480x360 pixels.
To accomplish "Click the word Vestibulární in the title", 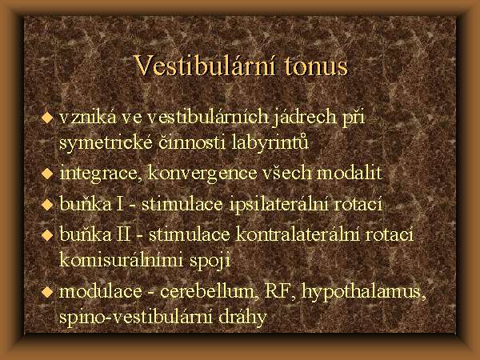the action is tap(206, 66).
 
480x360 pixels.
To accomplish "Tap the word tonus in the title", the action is tap(316, 67).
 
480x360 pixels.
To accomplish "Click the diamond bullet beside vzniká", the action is tap(47, 118).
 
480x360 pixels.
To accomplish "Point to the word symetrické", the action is tap(106, 143).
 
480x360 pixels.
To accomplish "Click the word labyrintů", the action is tap(270, 142).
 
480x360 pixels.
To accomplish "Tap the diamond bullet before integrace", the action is tap(47, 174).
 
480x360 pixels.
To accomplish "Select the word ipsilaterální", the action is tap(278, 204).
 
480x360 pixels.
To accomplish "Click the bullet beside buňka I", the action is tap(47, 205).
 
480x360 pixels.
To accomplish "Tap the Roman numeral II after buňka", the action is tap(123, 234).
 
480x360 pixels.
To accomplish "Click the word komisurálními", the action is tap(121, 260).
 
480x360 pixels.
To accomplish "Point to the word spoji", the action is tap(210, 261).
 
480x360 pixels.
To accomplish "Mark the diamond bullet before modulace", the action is tap(47, 291).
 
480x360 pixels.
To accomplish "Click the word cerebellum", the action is tap(207, 291).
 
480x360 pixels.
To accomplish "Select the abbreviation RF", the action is tap(278, 291).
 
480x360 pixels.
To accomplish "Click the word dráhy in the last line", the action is tap(242, 318).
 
